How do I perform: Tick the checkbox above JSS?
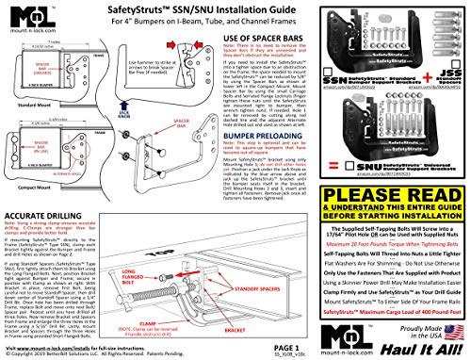(x=436, y=71)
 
